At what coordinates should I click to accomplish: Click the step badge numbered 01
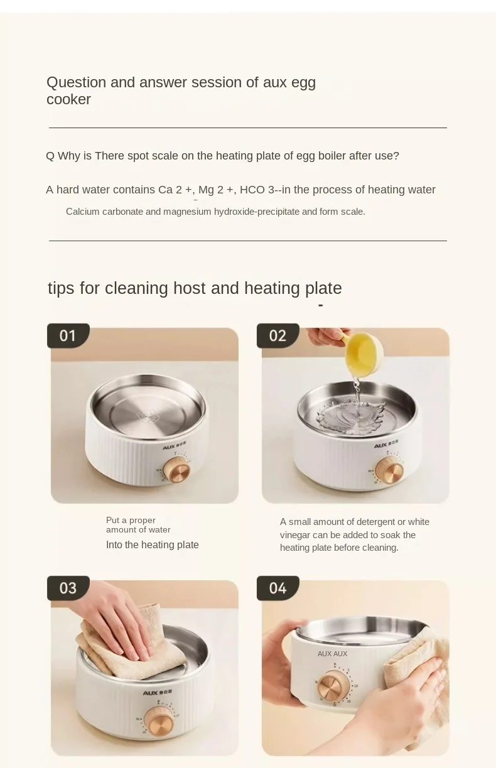68,335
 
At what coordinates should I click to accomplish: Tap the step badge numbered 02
278,335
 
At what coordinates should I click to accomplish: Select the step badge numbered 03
68,588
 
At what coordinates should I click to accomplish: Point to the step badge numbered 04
278,588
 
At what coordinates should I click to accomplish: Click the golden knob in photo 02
389,470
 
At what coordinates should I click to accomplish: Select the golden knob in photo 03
159,721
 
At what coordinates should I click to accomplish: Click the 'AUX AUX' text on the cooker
332,654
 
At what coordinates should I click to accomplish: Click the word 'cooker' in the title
68,99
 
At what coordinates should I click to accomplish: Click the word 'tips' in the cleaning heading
61,288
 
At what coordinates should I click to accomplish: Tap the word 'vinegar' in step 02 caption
295,535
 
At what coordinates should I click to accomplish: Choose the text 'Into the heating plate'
152,544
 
